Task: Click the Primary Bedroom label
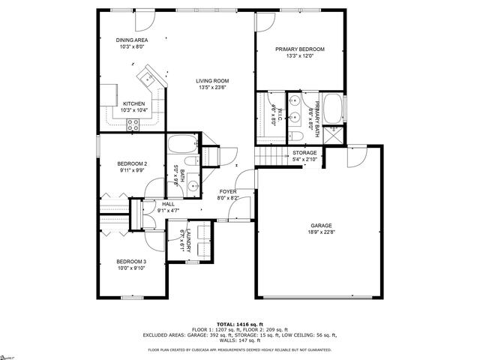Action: pos(298,49)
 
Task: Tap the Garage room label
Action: pos(322,225)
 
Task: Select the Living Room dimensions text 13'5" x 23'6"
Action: pos(213,88)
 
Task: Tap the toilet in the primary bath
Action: pos(297,135)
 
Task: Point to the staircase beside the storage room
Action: pos(268,156)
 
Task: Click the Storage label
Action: pos(304,153)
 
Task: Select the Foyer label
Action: pos(226,192)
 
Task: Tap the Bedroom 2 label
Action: pos(132,163)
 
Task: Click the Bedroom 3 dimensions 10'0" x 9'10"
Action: pos(131,268)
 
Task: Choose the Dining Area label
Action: pos(131,40)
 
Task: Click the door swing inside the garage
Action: pos(355,156)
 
